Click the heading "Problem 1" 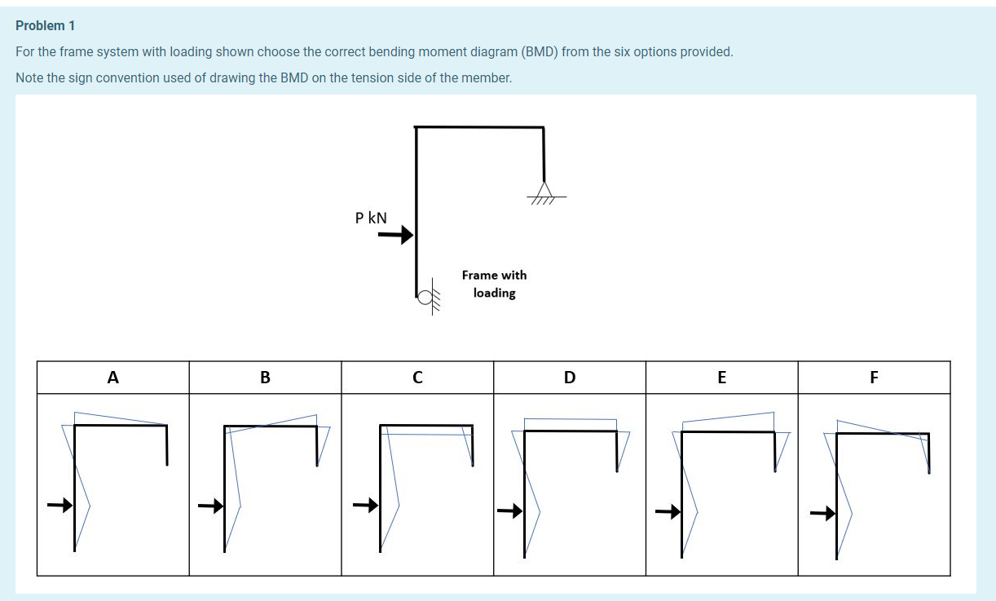pyautogui.click(x=45, y=26)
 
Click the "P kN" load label pyautogui.click(x=371, y=218)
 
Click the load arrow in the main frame pyautogui.click(x=395, y=236)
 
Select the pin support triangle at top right pyautogui.click(x=544, y=190)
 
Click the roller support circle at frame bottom pyautogui.click(x=424, y=298)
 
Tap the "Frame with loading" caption pyautogui.click(x=494, y=284)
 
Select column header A pyautogui.click(x=112, y=378)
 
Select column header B pyautogui.click(x=265, y=378)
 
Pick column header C pyautogui.click(x=417, y=378)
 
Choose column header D pyautogui.click(x=569, y=378)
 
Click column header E pyautogui.click(x=721, y=378)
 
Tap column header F pyautogui.click(x=874, y=378)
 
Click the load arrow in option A pyautogui.click(x=59, y=506)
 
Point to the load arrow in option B pyautogui.click(x=211, y=506)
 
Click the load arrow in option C pyautogui.click(x=365, y=506)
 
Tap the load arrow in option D pyautogui.click(x=509, y=512)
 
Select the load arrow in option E pyautogui.click(x=668, y=512)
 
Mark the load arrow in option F pyautogui.click(x=822, y=513)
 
